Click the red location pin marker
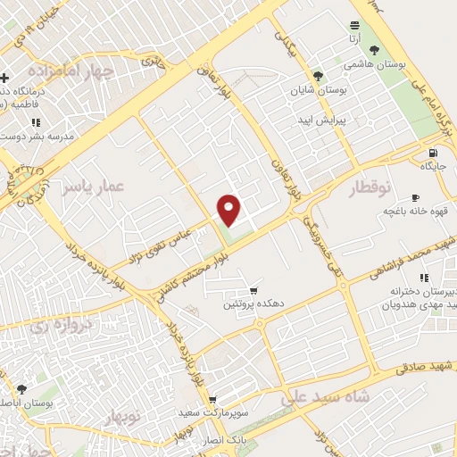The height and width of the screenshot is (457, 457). click(230, 210)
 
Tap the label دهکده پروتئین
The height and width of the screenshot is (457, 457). click(254, 304)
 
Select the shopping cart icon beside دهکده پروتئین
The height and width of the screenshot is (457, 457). click(254, 291)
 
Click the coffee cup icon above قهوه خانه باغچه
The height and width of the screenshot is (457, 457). click(415, 197)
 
